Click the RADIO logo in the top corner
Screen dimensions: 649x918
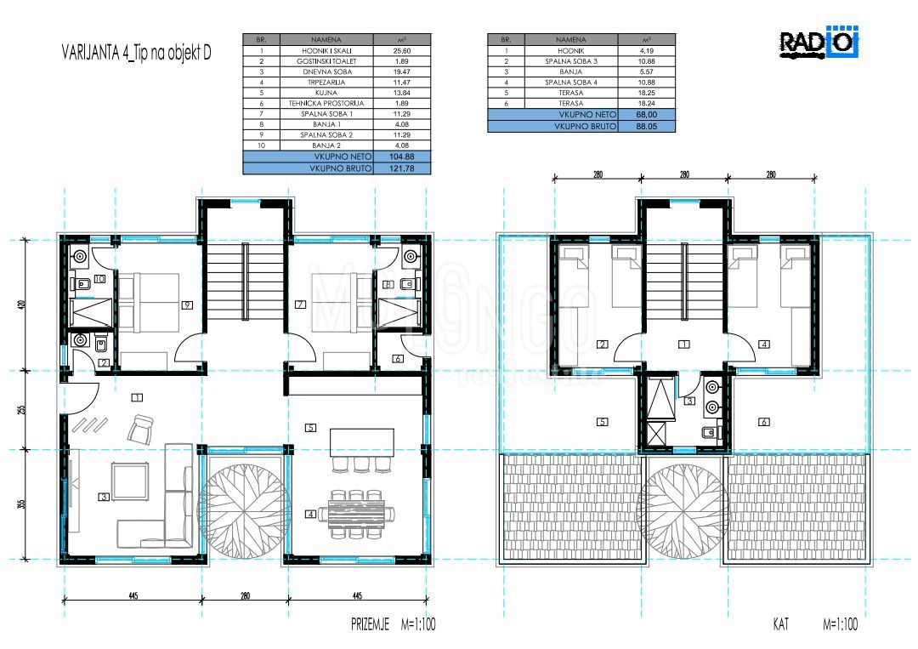click(819, 43)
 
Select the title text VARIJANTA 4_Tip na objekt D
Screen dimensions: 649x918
click(137, 52)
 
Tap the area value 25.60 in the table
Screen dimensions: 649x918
click(402, 50)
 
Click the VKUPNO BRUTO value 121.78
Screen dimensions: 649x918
click(402, 169)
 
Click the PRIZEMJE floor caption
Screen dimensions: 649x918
click(371, 624)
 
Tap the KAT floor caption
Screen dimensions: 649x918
click(779, 624)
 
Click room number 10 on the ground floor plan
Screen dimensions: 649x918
click(99, 278)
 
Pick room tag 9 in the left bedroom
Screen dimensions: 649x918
click(185, 304)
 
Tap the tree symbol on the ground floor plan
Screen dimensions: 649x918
click(244, 504)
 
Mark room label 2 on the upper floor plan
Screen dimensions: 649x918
click(602, 344)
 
